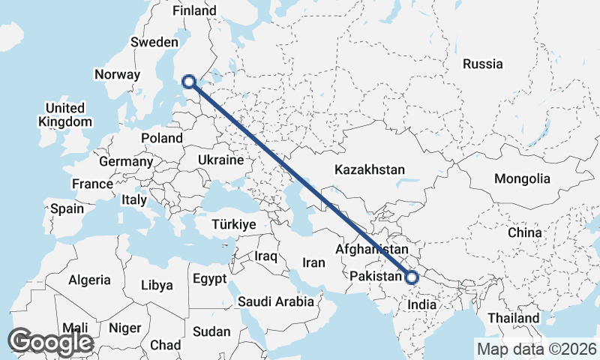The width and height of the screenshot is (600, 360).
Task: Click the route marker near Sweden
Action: (x=189, y=82)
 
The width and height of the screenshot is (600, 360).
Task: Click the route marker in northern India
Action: (x=411, y=277)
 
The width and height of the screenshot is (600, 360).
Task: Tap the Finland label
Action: (x=194, y=10)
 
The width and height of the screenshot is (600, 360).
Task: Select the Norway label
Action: (x=117, y=74)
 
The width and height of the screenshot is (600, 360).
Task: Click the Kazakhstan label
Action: (x=370, y=169)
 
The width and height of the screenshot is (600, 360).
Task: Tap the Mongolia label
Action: (x=522, y=179)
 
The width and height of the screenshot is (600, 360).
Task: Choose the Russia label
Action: (x=482, y=64)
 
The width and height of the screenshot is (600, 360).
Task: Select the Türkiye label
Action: (x=235, y=225)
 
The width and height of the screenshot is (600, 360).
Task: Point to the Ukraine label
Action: (x=220, y=160)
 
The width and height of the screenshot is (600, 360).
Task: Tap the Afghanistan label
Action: (x=372, y=248)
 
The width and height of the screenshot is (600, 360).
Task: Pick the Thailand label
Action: (x=514, y=318)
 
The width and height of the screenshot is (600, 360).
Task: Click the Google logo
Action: (x=51, y=342)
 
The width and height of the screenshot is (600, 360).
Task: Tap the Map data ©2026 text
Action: (x=536, y=349)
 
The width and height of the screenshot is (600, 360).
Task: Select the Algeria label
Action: (x=90, y=280)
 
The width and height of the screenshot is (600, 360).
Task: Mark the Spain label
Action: (x=67, y=209)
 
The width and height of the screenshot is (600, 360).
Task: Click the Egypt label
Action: (x=209, y=279)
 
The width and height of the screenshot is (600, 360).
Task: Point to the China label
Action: (x=524, y=232)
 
